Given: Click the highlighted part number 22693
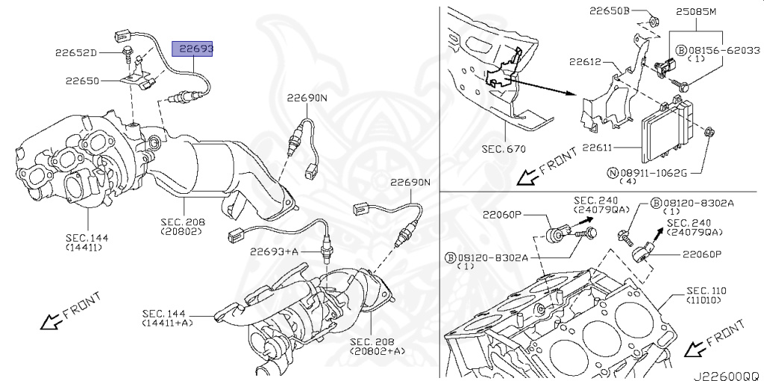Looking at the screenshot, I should pos(193,49).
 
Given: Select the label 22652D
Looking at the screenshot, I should pos(76,53).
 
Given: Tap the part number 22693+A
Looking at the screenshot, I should pos(274,252).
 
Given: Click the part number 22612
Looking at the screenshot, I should pos(585,63).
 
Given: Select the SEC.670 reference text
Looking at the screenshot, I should pos(504,148).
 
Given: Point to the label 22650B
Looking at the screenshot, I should pos(610,12).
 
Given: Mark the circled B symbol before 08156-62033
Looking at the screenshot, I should pos(680,49).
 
